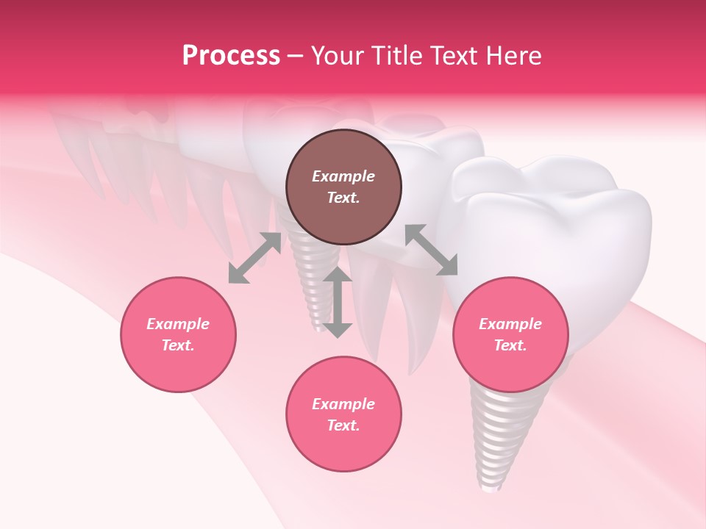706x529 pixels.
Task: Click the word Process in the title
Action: [231, 56]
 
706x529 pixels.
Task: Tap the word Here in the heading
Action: [512, 56]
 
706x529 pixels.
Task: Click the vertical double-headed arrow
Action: [338, 302]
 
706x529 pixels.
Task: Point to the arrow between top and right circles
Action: [431, 250]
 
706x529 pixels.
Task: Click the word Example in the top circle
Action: [343, 176]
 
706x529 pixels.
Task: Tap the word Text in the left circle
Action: [177, 345]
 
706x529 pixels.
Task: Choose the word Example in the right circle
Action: [510, 324]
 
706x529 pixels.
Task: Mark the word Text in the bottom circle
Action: [343, 425]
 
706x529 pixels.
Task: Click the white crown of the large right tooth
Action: [559, 220]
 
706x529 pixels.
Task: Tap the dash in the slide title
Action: [295, 56]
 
